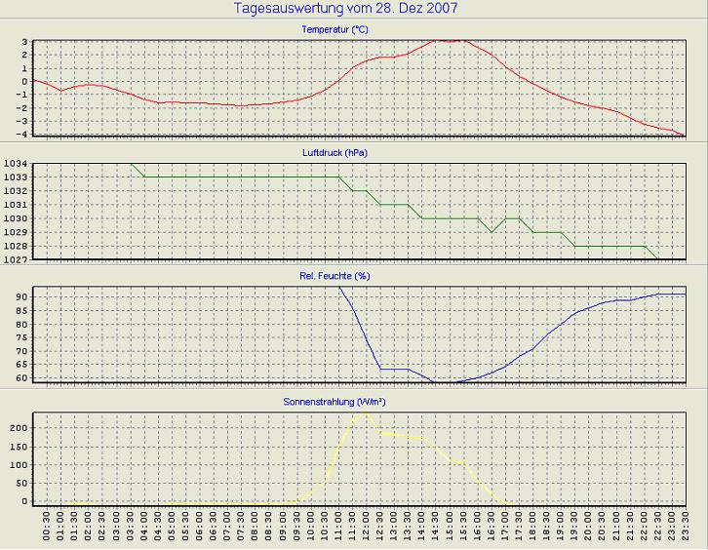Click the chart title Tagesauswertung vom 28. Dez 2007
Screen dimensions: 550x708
pyautogui.click(x=346, y=8)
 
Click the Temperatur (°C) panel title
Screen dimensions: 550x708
pyautogui.click(x=334, y=30)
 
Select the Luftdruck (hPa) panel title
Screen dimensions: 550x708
pyautogui.click(x=334, y=153)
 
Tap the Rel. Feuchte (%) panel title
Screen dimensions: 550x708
pyautogui.click(x=334, y=276)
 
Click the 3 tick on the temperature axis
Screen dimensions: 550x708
pyautogui.click(x=25, y=42)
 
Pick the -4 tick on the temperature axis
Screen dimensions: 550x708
pyautogui.click(x=23, y=134)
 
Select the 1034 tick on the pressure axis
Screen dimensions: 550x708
pyautogui.click(x=17, y=164)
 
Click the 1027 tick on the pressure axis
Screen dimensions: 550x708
pyautogui.click(x=17, y=259)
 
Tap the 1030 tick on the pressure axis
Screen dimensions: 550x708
pyautogui.click(x=17, y=218)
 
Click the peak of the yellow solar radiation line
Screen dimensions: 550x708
pyautogui.click(x=365, y=412)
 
